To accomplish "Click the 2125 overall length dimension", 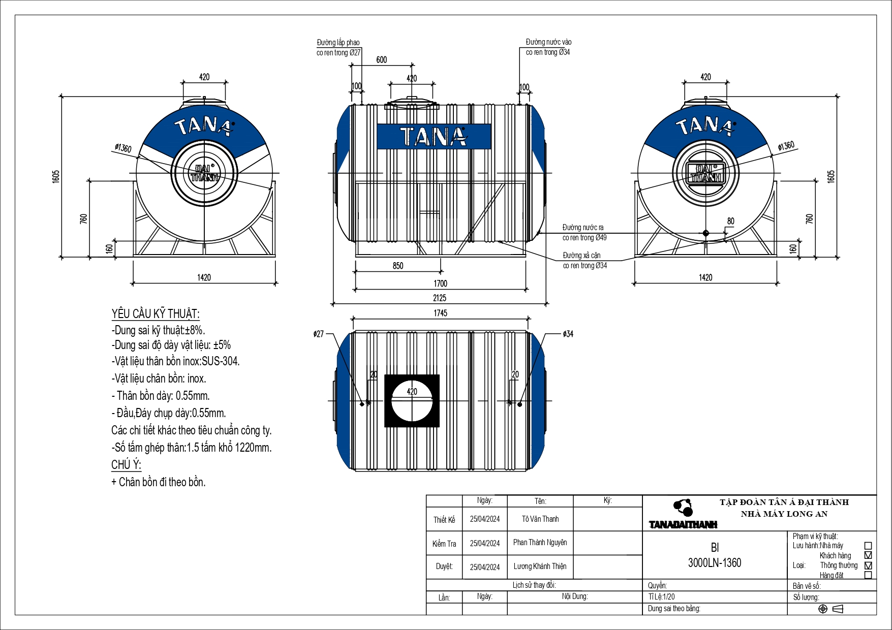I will tap(440, 298).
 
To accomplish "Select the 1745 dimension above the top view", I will tap(440, 313).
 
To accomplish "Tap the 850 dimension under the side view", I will tap(398, 266).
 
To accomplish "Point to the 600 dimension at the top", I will tap(382, 60).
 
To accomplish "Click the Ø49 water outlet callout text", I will tap(585, 238).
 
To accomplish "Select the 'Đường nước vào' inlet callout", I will tap(548, 42).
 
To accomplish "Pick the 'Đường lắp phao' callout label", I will tap(338, 43).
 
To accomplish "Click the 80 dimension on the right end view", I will tap(730, 221).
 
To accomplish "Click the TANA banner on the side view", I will tap(434, 137).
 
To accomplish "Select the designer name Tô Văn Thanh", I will tap(540, 519).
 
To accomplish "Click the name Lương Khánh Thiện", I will tap(540, 566).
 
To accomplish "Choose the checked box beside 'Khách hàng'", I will tap(868, 555).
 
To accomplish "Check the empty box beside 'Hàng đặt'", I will tap(868, 575).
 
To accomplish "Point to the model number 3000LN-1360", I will tap(715, 563).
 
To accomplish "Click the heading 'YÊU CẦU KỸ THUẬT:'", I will tap(156, 314).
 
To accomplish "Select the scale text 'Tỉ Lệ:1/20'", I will tap(662, 597).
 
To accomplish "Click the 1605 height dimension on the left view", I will tap(56, 176).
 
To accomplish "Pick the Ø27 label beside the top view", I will tap(319, 334).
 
